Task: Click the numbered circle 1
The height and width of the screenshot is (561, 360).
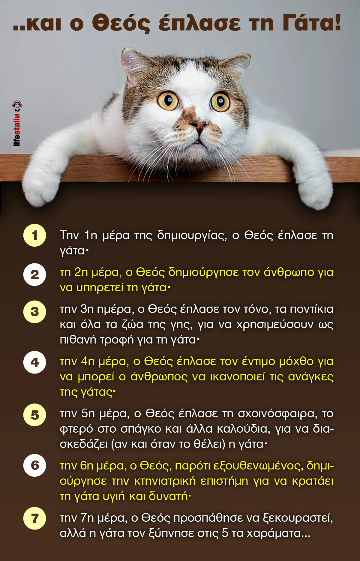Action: (x=34, y=235)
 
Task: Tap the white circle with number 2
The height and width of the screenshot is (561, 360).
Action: (x=34, y=274)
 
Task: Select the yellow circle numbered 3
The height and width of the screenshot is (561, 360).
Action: (x=34, y=312)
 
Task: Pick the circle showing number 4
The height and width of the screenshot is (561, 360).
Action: (x=34, y=362)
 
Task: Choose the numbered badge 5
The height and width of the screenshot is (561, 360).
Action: (x=34, y=415)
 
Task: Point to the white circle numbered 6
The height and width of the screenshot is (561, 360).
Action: (x=34, y=465)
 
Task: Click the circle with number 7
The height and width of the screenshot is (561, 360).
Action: (x=34, y=518)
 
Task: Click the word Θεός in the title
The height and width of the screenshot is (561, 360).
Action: (x=121, y=23)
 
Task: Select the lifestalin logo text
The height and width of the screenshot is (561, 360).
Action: (x=17, y=123)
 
